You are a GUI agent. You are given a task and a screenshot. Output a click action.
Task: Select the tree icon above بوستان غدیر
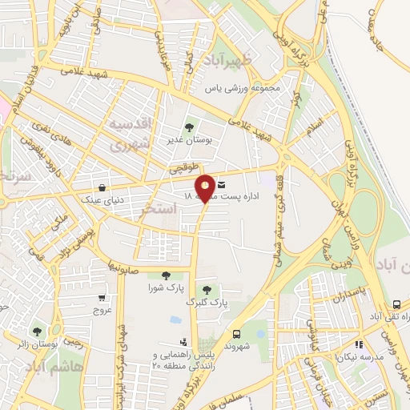(x=191, y=126)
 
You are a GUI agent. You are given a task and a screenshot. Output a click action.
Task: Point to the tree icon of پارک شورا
(x=166, y=275)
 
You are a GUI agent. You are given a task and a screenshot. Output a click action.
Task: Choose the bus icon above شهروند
(x=236, y=335)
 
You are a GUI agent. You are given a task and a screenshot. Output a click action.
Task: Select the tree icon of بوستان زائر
(x=36, y=331)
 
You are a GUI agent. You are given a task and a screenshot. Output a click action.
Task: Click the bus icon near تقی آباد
(x=396, y=305)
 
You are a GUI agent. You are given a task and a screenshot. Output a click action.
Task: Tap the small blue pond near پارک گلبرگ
(x=175, y=320)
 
